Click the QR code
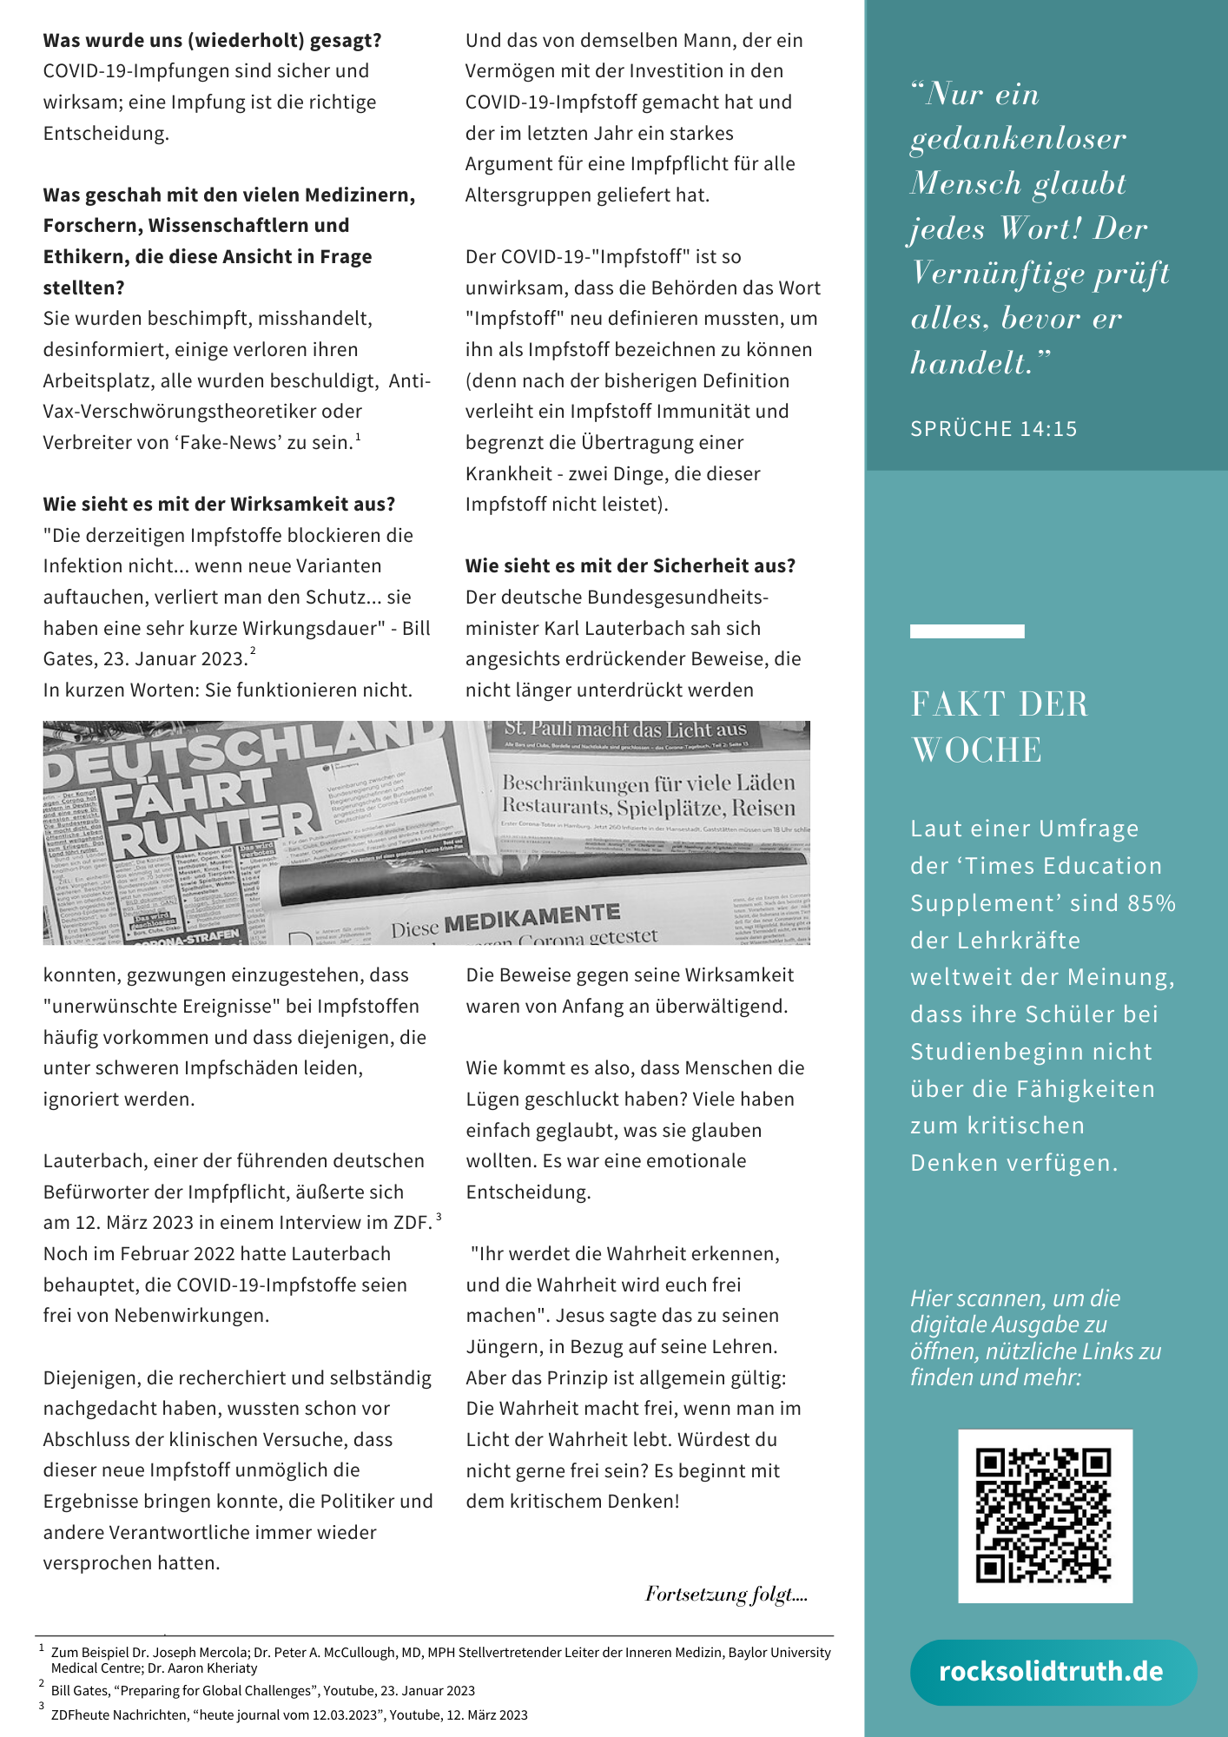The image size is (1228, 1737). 1044,1516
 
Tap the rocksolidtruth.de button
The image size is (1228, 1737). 1052,1672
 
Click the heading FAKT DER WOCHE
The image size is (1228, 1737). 999,726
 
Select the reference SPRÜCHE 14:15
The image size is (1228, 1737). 994,429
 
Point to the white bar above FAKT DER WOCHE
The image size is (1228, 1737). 967,631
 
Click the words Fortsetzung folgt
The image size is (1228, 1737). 725,1595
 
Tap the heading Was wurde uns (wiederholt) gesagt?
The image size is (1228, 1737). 213,41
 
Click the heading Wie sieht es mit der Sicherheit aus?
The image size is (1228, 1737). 631,566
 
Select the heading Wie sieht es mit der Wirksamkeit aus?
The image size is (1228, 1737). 220,505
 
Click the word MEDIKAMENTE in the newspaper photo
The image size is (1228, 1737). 531,917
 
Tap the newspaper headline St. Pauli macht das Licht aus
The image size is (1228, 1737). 625,730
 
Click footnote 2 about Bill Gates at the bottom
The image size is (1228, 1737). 263,1691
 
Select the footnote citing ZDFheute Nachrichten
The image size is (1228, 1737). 289,1715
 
